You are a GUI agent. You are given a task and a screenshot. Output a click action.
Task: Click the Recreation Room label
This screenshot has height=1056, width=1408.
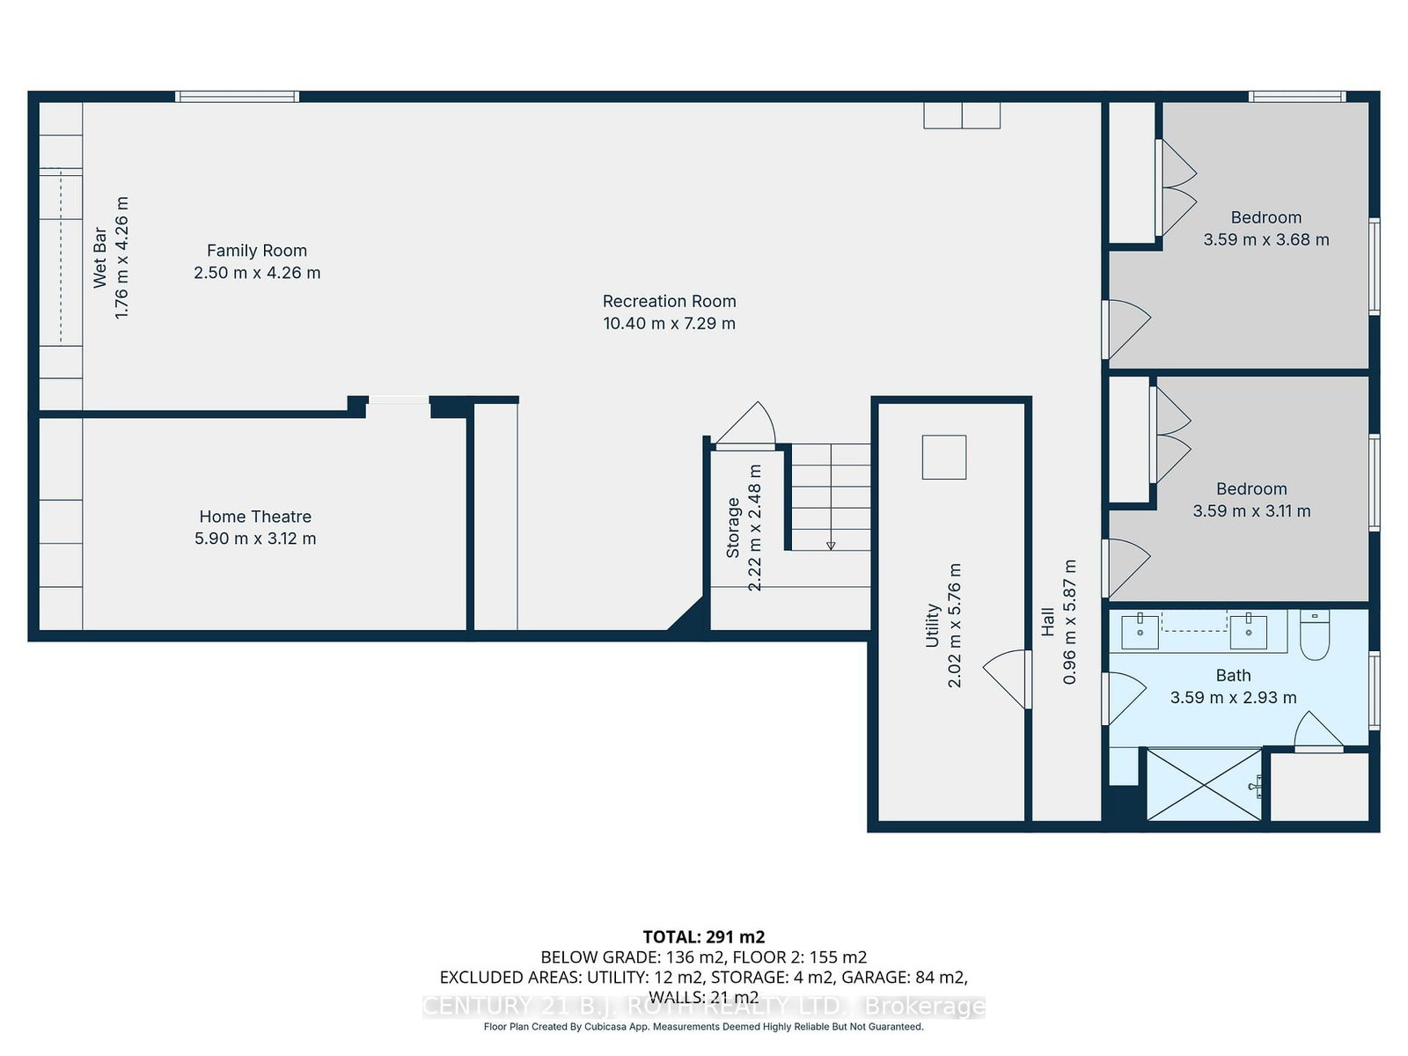669,301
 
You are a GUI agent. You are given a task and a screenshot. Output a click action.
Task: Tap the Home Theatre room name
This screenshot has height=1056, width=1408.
255,517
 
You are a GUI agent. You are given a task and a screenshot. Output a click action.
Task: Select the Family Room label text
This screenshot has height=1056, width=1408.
257,251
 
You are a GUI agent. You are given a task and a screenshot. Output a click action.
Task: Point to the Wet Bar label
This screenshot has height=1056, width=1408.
99,257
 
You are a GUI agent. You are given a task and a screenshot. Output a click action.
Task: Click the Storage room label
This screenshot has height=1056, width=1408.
732,528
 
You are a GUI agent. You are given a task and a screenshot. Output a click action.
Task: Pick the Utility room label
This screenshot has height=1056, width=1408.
932,625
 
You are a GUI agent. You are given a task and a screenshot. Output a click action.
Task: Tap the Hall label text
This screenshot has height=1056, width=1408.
1047,621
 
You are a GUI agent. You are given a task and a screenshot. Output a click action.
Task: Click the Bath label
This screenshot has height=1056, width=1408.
1233,675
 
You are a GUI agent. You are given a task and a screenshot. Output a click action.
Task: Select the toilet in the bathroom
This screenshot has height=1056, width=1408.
1315,634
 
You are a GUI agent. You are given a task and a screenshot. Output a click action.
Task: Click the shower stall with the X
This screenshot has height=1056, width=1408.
1204,784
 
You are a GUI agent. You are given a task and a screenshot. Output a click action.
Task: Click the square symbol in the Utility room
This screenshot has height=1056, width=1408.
944,457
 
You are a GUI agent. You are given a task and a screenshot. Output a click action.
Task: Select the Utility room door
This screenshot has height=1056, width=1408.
1007,679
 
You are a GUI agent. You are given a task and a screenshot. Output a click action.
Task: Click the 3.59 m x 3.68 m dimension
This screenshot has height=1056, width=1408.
1265,239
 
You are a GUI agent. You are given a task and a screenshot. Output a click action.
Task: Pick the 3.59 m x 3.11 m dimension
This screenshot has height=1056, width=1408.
1251,511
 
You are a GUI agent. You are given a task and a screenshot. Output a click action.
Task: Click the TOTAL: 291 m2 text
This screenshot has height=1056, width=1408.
704,937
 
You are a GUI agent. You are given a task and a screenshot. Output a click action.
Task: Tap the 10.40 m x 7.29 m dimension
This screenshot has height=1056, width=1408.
669,323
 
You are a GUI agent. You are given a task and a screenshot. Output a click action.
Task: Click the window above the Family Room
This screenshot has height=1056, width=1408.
238,97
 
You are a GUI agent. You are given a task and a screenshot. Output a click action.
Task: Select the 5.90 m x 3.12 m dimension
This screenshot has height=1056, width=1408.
255,539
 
